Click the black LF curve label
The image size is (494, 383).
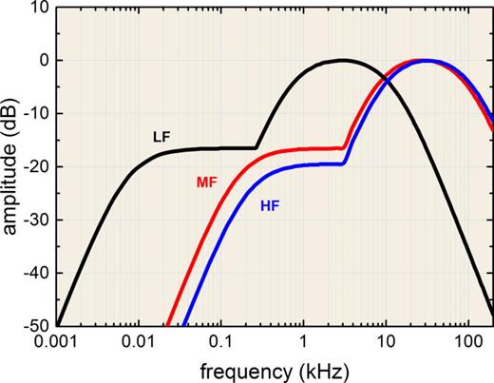(161, 137)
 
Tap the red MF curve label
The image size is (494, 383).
(207, 182)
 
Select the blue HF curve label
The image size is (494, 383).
(270, 206)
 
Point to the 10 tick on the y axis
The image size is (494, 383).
(40, 7)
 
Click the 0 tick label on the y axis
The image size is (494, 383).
(44, 60)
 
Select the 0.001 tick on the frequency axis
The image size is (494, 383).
(56, 342)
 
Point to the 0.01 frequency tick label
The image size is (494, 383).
(139, 342)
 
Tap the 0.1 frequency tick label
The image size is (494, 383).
(221, 342)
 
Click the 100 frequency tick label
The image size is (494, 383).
(468, 342)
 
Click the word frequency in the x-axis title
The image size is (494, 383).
(246, 372)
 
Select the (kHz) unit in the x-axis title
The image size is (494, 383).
(324, 371)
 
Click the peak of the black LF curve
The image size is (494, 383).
(343, 60)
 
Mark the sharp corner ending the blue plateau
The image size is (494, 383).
(343, 163)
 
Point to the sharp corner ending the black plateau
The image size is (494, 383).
(256, 147)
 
